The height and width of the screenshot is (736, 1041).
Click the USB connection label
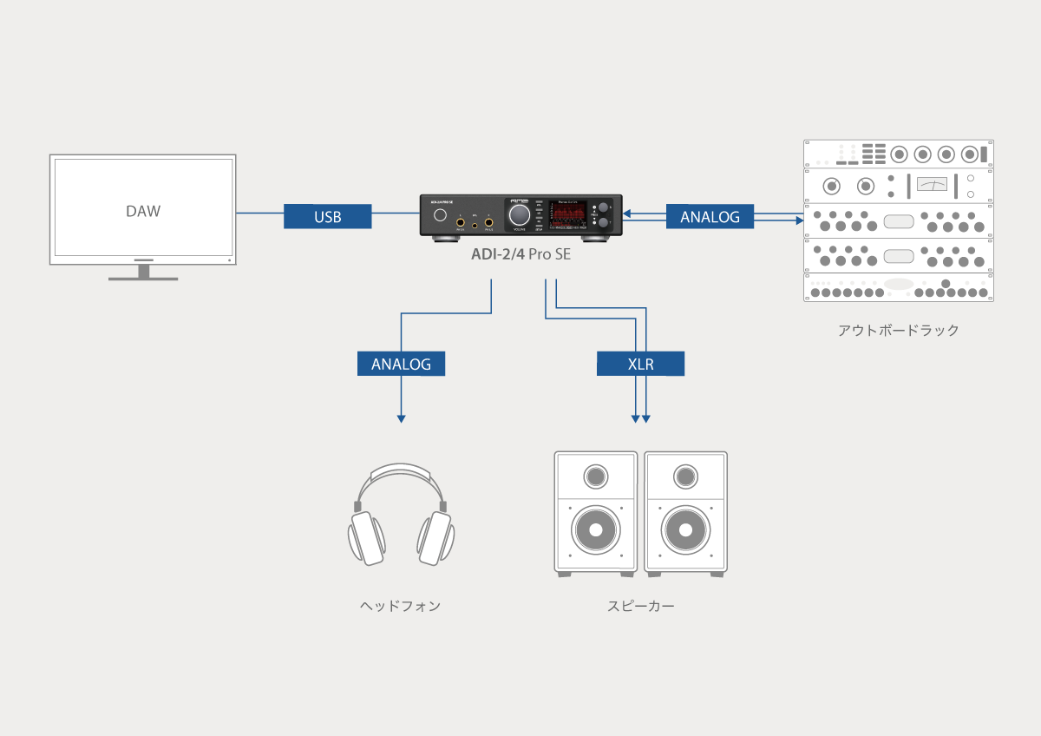click(327, 217)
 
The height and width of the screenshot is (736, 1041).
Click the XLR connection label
click(640, 364)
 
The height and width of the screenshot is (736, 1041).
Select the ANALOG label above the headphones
click(401, 364)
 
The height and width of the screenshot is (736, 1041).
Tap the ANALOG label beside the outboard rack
click(710, 217)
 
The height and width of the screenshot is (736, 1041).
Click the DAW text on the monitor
click(143, 211)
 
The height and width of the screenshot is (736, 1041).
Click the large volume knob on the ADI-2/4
click(520, 215)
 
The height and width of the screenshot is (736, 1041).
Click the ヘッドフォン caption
click(400, 606)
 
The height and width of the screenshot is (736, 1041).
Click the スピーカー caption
click(640, 606)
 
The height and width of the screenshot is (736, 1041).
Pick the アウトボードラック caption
click(898, 331)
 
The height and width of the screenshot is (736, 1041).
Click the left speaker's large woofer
click(595, 529)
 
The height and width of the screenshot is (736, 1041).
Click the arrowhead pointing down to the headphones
click(401, 418)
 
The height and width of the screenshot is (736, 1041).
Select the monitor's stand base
click(143, 279)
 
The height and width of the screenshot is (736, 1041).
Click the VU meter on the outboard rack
click(932, 185)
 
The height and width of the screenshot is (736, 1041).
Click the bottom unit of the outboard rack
click(899, 288)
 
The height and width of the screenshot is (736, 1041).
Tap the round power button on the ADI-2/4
click(441, 215)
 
